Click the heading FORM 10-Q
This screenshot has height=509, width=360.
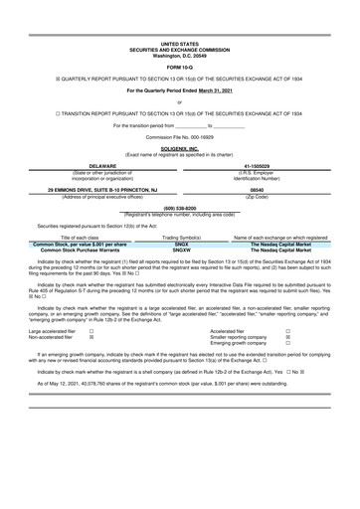click(179, 68)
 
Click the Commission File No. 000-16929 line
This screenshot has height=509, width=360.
click(179, 138)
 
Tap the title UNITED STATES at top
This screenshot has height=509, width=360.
click(179, 45)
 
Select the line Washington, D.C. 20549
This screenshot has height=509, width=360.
click(179, 55)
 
